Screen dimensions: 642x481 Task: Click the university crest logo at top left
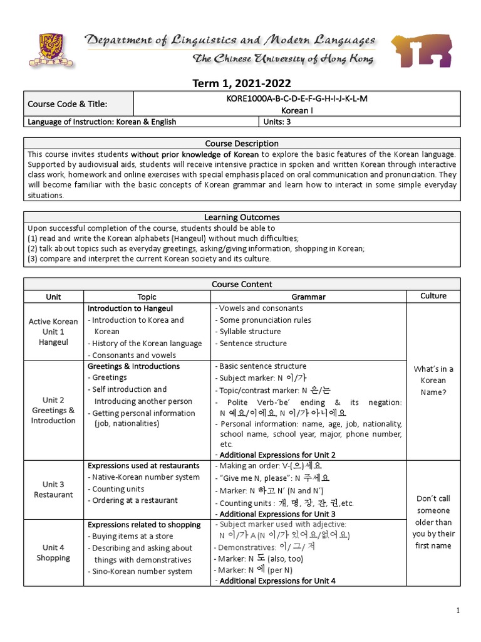click(x=50, y=50)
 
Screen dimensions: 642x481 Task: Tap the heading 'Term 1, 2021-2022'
click(x=242, y=83)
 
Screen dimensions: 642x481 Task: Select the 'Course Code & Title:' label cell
click(x=67, y=104)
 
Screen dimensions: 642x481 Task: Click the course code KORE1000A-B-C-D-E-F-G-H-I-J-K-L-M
click(x=296, y=98)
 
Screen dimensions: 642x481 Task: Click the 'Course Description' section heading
click(x=242, y=144)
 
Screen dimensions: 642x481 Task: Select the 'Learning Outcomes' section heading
click(x=242, y=217)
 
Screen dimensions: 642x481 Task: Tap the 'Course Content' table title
click(x=242, y=284)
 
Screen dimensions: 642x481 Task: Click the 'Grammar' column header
click(x=308, y=297)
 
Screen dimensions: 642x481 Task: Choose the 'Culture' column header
click(x=433, y=296)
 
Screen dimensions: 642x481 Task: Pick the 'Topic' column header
click(x=147, y=297)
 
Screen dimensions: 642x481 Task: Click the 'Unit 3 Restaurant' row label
click(x=53, y=490)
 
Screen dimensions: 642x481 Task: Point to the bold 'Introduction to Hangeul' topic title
click(x=130, y=308)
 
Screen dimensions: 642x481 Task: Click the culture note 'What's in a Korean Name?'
click(x=433, y=381)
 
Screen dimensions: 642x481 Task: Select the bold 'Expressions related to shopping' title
click(x=144, y=525)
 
